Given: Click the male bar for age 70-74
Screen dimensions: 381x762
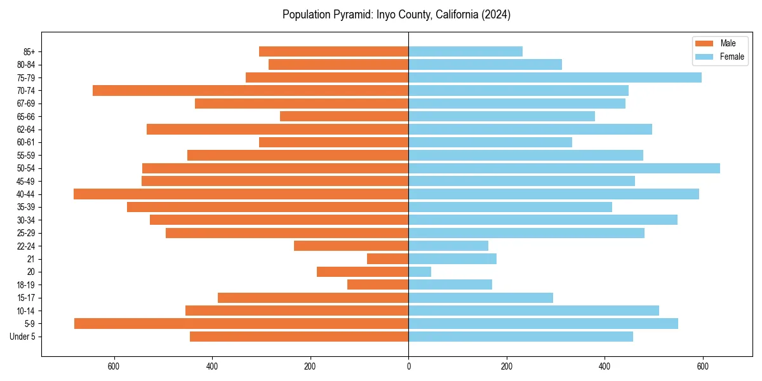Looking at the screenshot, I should (250, 91).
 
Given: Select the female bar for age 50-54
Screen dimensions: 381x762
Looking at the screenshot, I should (564, 168).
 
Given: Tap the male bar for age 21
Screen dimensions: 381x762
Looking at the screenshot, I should (387, 259).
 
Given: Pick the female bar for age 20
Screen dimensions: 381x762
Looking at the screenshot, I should (420, 272).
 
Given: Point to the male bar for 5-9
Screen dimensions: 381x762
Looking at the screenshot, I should (241, 324).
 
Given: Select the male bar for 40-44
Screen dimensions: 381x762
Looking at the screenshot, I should (241, 194).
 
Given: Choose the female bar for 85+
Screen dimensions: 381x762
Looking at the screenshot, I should (465, 51).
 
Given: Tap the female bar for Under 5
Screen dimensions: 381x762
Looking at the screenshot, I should (521, 337).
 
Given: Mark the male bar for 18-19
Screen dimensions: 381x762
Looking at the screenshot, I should (378, 285).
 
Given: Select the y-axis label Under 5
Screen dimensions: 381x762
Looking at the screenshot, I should (23, 337).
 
